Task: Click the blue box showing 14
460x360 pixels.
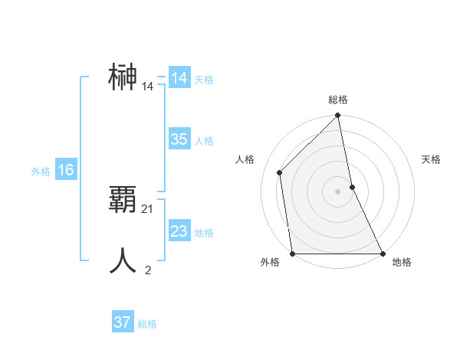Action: [x=179, y=78]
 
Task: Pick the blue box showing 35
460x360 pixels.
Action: [x=179, y=139]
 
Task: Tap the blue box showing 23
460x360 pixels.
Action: [x=179, y=231]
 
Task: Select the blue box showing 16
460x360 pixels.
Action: [x=66, y=170]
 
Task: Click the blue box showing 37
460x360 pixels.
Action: [x=123, y=322]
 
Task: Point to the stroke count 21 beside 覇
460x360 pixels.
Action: [x=148, y=208]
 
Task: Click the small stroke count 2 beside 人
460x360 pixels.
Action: [x=148, y=269]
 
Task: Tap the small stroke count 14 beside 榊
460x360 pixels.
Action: [x=148, y=87]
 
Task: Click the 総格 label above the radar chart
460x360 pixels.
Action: [x=338, y=100]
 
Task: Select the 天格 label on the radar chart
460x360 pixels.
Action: [x=432, y=159]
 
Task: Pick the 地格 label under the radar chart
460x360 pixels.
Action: [x=402, y=263]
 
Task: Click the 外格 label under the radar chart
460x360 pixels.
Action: [x=270, y=263]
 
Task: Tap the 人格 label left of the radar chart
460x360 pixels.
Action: [x=245, y=159]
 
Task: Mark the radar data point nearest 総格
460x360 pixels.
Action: [x=338, y=116]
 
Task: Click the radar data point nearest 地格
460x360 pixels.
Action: [x=382, y=253]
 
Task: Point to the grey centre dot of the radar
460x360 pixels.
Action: [x=337, y=191]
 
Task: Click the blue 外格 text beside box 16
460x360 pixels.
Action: [x=41, y=172]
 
